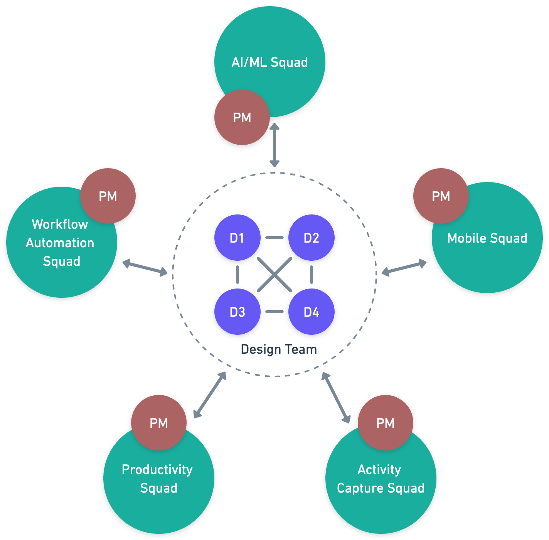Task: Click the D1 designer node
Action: click(x=237, y=238)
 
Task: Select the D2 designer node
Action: click(x=311, y=238)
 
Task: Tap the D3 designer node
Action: click(x=237, y=312)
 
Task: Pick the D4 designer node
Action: click(x=311, y=312)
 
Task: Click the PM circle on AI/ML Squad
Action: click(x=242, y=118)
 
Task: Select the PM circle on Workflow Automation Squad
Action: click(x=108, y=196)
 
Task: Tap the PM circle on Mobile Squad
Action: click(x=441, y=196)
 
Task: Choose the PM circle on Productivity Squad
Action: click(x=158, y=423)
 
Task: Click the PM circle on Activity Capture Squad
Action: click(x=385, y=423)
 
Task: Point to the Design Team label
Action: click(x=278, y=349)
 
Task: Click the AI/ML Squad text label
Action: click(x=269, y=62)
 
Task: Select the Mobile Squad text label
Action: click(x=487, y=238)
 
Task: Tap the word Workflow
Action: click(x=60, y=224)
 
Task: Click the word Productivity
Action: click(x=157, y=469)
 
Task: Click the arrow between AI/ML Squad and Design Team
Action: click(x=274, y=145)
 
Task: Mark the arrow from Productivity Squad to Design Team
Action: click(x=210, y=395)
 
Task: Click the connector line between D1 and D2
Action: click(x=274, y=238)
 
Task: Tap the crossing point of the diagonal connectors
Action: click(x=274, y=275)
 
